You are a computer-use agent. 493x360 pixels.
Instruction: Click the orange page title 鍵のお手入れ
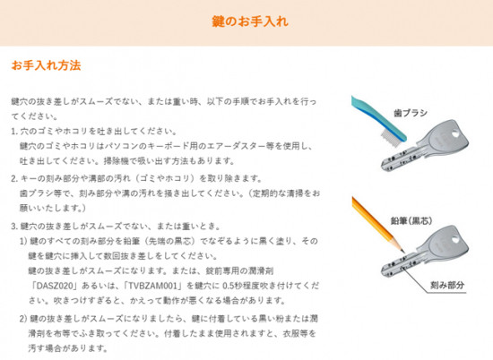coord(250,21)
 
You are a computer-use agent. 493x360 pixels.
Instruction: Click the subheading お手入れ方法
coord(47,65)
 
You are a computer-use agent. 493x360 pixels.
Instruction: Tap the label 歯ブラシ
coord(411,113)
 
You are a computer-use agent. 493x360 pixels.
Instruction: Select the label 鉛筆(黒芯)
coord(411,221)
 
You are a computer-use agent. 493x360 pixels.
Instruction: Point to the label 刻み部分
coord(447,285)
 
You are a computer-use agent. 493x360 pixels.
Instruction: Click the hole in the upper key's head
coord(454,133)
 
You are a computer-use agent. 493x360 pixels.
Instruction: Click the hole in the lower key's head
coord(455,239)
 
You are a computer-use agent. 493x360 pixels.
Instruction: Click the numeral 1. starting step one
coord(14,132)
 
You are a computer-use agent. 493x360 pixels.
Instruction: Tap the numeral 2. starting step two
coord(14,179)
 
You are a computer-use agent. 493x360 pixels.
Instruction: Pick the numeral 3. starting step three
coord(14,227)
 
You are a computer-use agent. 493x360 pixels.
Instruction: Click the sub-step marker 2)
coord(23,319)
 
